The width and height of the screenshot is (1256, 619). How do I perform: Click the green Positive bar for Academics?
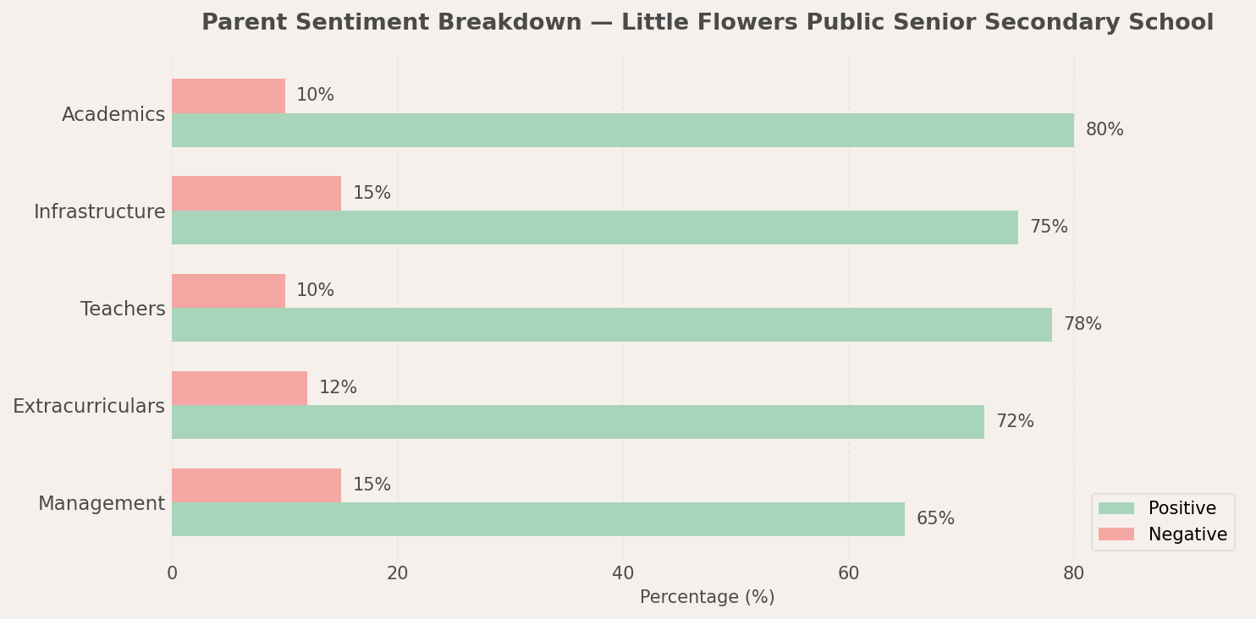click(x=622, y=130)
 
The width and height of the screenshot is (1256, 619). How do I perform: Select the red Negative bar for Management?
click(x=256, y=485)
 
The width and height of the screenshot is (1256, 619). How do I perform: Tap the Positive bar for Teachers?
click(x=611, y=325)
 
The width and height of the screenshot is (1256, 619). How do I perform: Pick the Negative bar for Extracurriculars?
click(x=239, y=388)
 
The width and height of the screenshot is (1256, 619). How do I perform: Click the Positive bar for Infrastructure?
click(x=594, y=227)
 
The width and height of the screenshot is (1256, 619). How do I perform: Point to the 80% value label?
click(x=1104, y=130)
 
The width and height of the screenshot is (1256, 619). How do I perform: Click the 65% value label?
click(x=934, y=519)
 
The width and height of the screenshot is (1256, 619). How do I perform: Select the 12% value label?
click(x=337, y=388)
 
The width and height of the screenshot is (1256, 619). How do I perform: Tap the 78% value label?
click(x=1082, y=325)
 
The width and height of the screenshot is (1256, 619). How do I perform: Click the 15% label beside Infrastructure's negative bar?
click(x=371, y=194)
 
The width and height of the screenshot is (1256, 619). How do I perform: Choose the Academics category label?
click(x=113, y=115)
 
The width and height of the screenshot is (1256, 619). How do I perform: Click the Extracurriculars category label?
click(x=89, y=407)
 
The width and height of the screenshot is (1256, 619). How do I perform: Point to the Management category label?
click(x=102, y=504)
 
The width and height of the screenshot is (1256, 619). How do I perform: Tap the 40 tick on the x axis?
click(x=623, y=573)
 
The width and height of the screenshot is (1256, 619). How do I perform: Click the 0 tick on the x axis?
click(x=172, y=573)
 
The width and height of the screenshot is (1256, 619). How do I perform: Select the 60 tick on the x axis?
click(x=848, y=573)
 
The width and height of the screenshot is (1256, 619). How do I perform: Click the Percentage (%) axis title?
click(x=707, y=597)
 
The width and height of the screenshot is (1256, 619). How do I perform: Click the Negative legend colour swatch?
click(x=1116, y=534)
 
